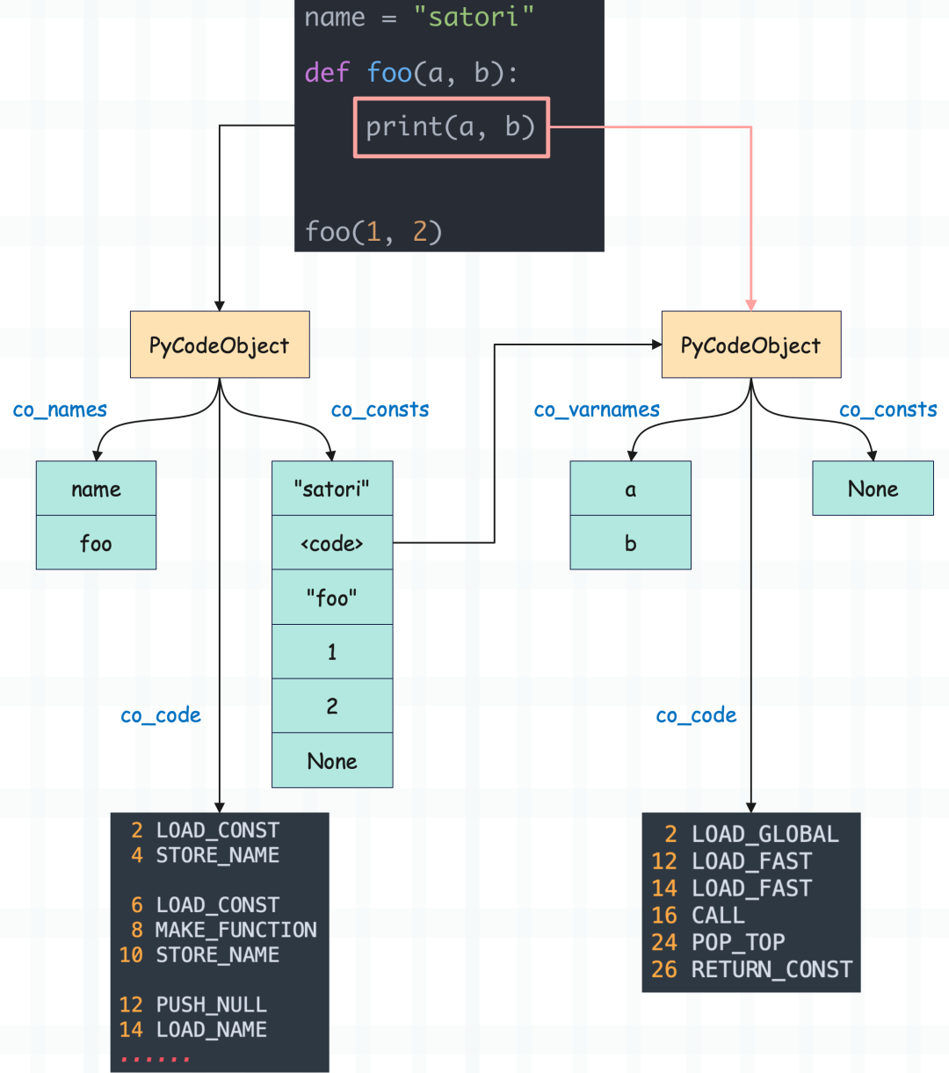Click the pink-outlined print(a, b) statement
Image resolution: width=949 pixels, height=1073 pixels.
tap(451, 127)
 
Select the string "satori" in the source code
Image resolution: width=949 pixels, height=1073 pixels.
tap(474, 17)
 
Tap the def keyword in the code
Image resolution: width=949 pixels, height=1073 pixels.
tap(327, 73)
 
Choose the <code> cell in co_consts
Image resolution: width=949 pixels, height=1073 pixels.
tap(332, 543)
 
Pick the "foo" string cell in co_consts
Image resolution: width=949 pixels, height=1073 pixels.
tap(332, 598)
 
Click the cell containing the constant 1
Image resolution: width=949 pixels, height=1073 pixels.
tap(332, 652)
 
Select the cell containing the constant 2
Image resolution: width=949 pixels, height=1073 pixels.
tap(332, 707)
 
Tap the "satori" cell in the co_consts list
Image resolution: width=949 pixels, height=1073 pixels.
tap(332, 489)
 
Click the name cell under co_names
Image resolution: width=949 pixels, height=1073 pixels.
tap(96, 489)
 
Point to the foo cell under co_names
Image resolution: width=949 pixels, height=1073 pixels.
tap(96, 543)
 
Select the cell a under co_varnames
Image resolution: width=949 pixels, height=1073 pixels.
tap(630, 489)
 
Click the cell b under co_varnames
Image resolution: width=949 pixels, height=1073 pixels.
tap(630, 543)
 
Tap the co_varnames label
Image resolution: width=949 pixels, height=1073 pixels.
tap(597, 410)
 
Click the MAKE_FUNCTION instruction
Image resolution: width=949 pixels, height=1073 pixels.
tap(236, 930)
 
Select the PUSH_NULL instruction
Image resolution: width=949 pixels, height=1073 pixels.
tap(211, 1004)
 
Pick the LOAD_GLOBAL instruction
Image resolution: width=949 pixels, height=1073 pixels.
tap(765, 834)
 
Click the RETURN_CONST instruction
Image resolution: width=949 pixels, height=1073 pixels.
tap(772, 969)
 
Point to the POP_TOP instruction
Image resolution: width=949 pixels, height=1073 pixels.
tap(738, 942)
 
